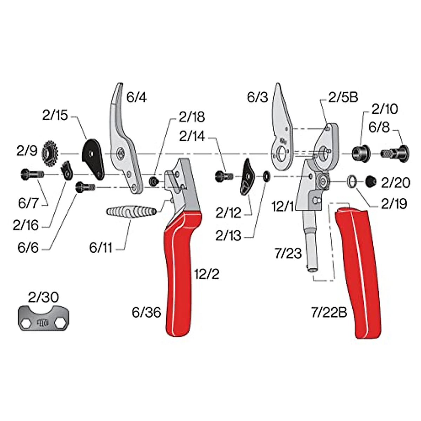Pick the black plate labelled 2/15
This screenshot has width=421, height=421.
93,157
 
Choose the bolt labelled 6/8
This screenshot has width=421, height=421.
395,153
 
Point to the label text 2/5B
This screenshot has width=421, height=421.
343,98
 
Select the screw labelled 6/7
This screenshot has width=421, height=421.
32,174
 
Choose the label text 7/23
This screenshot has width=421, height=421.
288,253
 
